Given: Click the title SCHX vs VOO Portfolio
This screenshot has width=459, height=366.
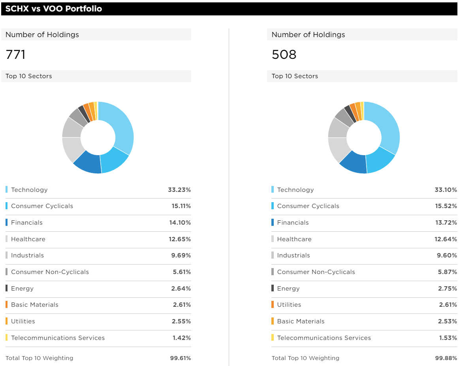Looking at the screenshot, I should point(54,9).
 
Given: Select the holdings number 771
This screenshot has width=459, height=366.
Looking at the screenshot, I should point(16,54).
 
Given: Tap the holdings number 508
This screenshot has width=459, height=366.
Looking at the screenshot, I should point(284,54).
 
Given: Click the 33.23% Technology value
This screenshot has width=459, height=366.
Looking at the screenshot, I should point(179,190).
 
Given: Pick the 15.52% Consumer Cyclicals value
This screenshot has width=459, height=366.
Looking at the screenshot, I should point(446,206).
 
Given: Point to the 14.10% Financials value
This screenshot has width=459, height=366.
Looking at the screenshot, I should point(180,223).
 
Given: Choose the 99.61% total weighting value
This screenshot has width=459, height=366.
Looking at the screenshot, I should point(180,358).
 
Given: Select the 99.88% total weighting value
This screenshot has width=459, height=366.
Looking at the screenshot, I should point(446,358).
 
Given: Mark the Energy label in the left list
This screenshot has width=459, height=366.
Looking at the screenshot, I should point(22,289).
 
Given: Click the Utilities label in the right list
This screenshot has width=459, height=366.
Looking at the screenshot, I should point(289,305).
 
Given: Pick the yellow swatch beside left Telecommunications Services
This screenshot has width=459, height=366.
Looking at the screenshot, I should point(7,338).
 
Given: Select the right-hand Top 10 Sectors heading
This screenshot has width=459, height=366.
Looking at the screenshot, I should point(295,76).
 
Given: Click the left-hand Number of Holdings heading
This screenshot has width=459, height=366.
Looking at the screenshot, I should point(42,35).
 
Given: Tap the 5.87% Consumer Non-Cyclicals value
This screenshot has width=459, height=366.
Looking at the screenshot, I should point(447,272).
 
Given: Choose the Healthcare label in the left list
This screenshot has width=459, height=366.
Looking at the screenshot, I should point(28,239).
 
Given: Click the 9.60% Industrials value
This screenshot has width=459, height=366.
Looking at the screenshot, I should point(447,255).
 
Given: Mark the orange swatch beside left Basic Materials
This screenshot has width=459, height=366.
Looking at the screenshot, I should point(7,305).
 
